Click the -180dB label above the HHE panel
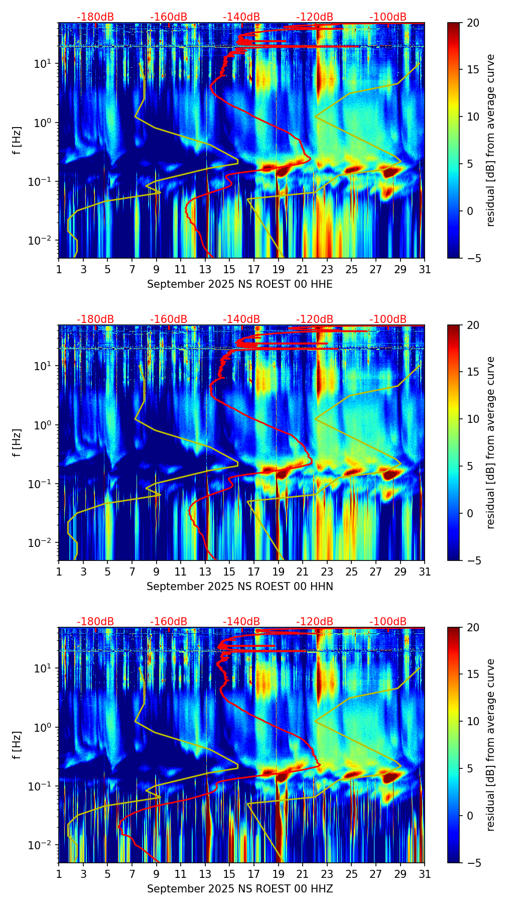[95, 17]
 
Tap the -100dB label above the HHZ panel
[388, 622]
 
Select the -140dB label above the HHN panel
[241, 319]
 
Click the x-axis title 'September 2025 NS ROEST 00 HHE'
[239, 284]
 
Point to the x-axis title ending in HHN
[239, 587]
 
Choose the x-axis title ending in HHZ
[239, 889]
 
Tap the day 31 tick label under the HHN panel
[425, 572]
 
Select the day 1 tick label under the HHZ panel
[59, 874]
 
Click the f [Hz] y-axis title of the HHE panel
[18, 141]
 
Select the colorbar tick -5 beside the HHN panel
[473, 560]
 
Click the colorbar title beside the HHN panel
[491, 442]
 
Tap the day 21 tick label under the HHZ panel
[302, 874]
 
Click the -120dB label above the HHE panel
[315, 17]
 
